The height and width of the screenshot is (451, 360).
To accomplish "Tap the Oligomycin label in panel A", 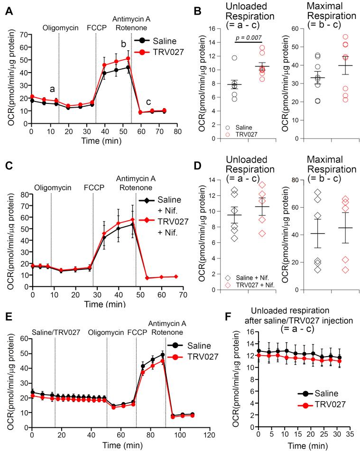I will [x=59, y=28].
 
